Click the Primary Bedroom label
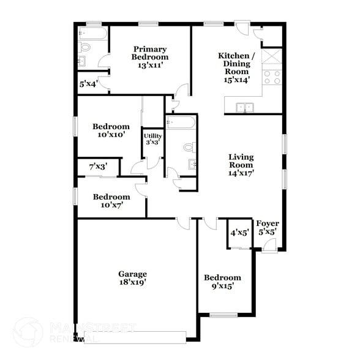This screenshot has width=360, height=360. point(150,57)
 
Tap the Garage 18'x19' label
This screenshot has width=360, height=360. point(132,279)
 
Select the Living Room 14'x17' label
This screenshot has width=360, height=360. point(241,165)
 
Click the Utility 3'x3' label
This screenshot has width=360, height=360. point(152,139)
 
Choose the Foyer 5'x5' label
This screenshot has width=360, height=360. point(268,228)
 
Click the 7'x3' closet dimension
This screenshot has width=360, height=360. point(98,166)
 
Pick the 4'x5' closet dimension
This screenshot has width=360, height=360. point(239,233)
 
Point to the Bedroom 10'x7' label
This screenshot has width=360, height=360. point(111,201)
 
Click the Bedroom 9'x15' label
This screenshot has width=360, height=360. point(222,282)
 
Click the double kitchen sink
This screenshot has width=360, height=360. point(246,108)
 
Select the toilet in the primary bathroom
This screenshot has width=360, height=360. point(86,46)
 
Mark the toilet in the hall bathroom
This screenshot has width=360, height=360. point(189,148)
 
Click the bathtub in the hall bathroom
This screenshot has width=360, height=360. point(181,123)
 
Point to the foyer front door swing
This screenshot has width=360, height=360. point(269,245)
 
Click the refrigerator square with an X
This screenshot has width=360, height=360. point(272,56)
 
